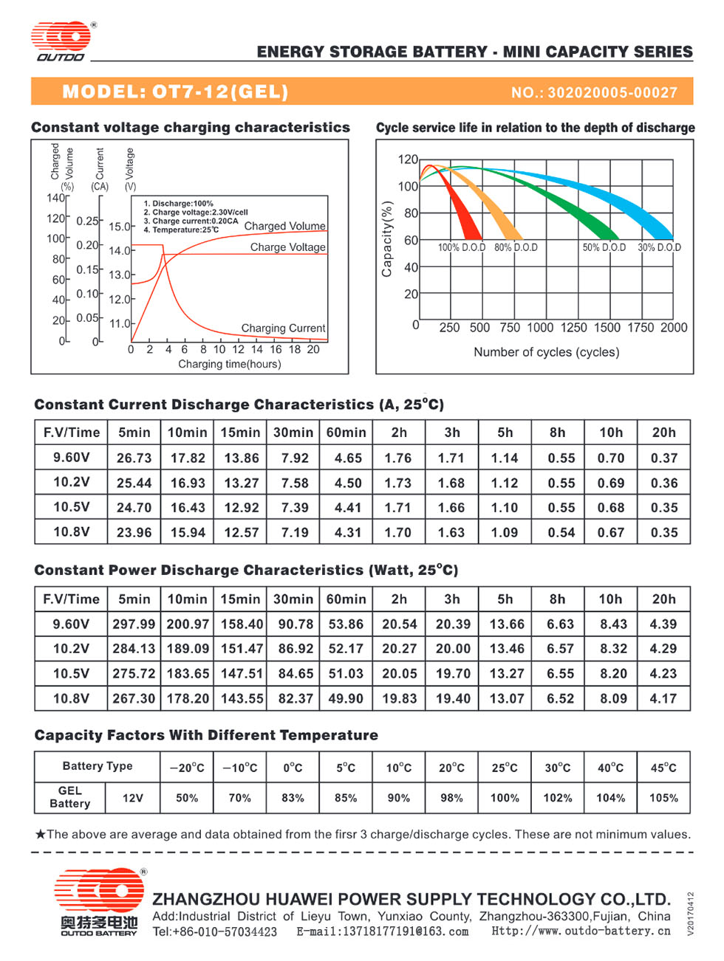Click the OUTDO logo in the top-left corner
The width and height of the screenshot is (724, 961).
click(x=61, y=41)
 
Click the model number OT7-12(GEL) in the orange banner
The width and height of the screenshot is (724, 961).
click(x=220, y=92)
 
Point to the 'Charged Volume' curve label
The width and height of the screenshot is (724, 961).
click(x=285, y=226)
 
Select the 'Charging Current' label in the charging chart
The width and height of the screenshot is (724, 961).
click(x=283, y=328)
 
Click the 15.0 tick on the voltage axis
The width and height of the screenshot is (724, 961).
click(x=119, y=227)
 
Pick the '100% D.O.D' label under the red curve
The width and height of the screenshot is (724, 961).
click(x=462, y=247)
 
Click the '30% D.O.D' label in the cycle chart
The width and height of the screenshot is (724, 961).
click(x=659, y=247)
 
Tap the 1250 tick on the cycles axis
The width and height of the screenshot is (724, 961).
click(x=573, y=328)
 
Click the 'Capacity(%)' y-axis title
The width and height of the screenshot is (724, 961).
click(x=386, y=239)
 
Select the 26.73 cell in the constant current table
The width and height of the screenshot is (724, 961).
click(x=134, y=458)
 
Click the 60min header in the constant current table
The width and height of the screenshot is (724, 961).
click(x=346, y=433)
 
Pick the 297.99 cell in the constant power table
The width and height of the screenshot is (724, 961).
click(x=134, y=624)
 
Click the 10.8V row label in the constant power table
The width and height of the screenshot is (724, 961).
click(x=71, y=698)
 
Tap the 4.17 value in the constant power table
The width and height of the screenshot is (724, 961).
click(x=663, y=698)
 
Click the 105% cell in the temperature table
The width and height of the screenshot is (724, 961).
click(x=663, y=798)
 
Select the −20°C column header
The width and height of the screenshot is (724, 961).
click(x=187, y=768)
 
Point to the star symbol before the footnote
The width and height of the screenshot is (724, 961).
click(x=41, y=834)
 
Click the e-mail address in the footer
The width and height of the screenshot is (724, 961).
click(x=382, y=931)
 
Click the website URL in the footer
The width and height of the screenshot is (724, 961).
click(x=581, y=931)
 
